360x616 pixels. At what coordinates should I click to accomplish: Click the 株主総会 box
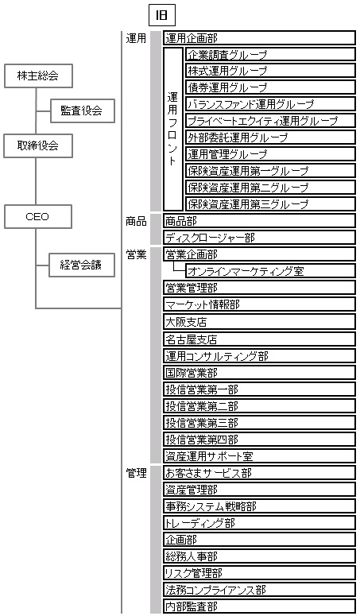[x=38, y=76]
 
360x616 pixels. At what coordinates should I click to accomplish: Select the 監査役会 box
[x=83, y=110]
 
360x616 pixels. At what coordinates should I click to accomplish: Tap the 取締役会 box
[x=38, y=146]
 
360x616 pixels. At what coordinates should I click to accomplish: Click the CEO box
[x=37, y=216]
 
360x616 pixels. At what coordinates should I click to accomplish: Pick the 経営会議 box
[x=82, y=265]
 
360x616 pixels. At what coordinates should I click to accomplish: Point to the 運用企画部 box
[x=259, y=38]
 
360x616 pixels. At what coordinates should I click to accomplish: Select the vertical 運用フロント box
[x=173, y=130]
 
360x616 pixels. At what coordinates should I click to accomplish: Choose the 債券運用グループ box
[x=270, y=87]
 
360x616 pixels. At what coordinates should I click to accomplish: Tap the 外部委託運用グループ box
[x=270, y=138]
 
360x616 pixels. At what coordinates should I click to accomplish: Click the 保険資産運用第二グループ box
[x=270, y=188]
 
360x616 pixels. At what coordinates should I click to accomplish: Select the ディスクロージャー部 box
[x=259, y=238]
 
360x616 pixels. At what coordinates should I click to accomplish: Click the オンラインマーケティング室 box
[x=270, y=271]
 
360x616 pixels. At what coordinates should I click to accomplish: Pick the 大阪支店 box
[x=259, y=322]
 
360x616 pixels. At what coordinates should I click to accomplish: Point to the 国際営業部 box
[x=259, y=373]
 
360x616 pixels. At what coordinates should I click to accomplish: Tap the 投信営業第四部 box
[x=259, y=440]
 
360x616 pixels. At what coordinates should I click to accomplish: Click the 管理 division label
[x=136, y=473]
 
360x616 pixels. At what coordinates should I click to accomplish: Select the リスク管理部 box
[x=259, y=573]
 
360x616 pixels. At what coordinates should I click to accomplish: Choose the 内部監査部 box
[x=259, y=606]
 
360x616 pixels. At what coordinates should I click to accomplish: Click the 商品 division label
[x=136, y=221]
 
